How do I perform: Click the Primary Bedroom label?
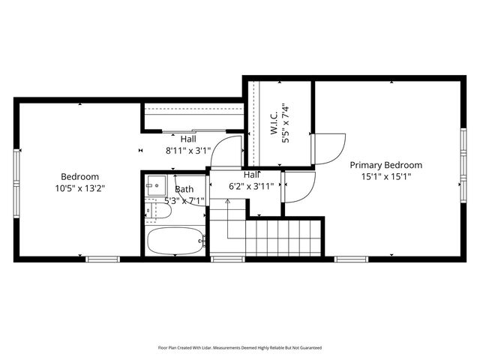click(x=385, y=165)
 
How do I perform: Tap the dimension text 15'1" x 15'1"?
click(x=385, y=176)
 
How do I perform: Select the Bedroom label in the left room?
click(x=79, y=177)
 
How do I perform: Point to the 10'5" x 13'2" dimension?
click(x=79, y=188)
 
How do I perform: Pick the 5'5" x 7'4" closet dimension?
click(x=285, y=123)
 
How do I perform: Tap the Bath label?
click(x=184, y=190)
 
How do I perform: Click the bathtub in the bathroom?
click(x=175, y=241)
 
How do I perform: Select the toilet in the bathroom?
click(x=158, y=212)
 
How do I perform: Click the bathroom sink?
click(x=156, y=184)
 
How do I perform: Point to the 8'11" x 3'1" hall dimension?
click(x=188, y=150)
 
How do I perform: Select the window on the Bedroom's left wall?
click(x=15, y=172)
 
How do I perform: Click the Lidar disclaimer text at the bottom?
click(x=239, y=347)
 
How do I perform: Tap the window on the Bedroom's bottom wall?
click(x=102, y=259)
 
